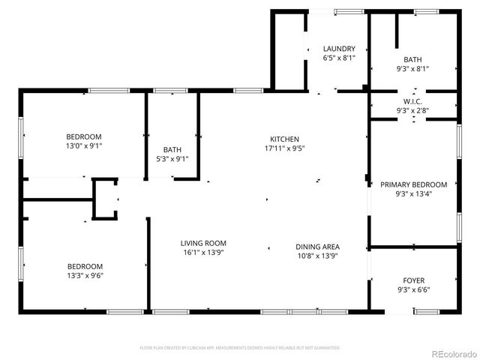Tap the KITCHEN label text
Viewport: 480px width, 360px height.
click(x=285, y=139)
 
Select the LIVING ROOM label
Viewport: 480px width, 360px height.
click(x=203, y=243)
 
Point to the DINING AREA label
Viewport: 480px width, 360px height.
click(x=317, y=247)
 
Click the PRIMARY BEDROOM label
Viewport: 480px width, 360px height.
click(x=413, y=184)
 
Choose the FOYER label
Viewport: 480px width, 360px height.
click(x=413, y=280)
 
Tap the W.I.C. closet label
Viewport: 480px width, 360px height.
click(x=413, y=101)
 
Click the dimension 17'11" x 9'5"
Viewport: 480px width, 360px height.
click(x=285, y=148)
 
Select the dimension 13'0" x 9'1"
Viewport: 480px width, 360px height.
click(x=84, y=146)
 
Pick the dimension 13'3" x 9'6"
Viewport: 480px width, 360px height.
click(x=85, y=275)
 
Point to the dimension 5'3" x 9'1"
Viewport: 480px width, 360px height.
click(x=172, y=158)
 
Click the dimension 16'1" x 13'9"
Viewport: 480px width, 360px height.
click(x=203, y=252)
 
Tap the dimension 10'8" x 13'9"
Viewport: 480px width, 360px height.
click(x=317, y=256)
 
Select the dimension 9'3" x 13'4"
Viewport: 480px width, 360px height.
click(x=413, y=193)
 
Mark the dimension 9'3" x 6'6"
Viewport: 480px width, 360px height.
click(x=413, y=289)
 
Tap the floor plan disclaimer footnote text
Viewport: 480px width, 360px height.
click(x=240, y=348)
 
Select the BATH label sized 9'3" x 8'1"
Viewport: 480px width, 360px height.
click(x=413, y=59)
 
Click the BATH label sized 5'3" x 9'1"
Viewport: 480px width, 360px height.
click(x=172, y=149)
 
